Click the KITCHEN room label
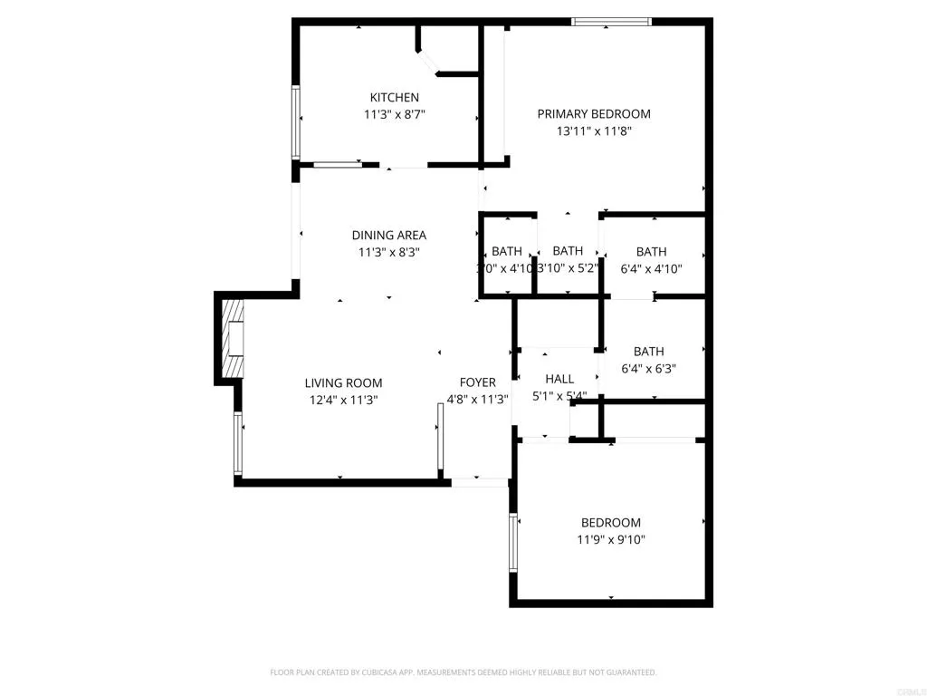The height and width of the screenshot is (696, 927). click(x=394, y=97)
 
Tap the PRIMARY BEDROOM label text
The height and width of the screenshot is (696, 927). click(x=594, y=113)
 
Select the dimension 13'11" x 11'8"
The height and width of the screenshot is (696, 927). click(x=594, y=130)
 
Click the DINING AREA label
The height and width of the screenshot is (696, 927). click(x=388, y=236)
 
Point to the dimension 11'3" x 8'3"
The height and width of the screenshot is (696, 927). click(x=388, y=253)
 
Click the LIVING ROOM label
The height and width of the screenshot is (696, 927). click(x=343, y=382)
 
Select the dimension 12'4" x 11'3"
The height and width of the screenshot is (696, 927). click(x=343, y=399)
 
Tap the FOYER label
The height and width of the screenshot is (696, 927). click(x=477, y=382)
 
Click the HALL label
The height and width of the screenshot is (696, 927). click(x=559, y=379)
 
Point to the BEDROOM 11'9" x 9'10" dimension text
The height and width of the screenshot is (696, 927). click(x=611, y=539)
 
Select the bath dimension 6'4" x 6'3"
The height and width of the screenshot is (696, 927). click(x=649, y=368)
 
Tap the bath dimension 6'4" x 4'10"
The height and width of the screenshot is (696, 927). click(x=651, y=268)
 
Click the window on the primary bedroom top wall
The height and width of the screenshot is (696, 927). click(x=612, y=22)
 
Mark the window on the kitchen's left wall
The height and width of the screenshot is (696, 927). click(x=295, y=122)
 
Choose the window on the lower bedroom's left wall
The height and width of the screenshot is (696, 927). click(x=512, y=542)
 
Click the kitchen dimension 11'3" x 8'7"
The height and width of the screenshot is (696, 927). click(x=394, y=114)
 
